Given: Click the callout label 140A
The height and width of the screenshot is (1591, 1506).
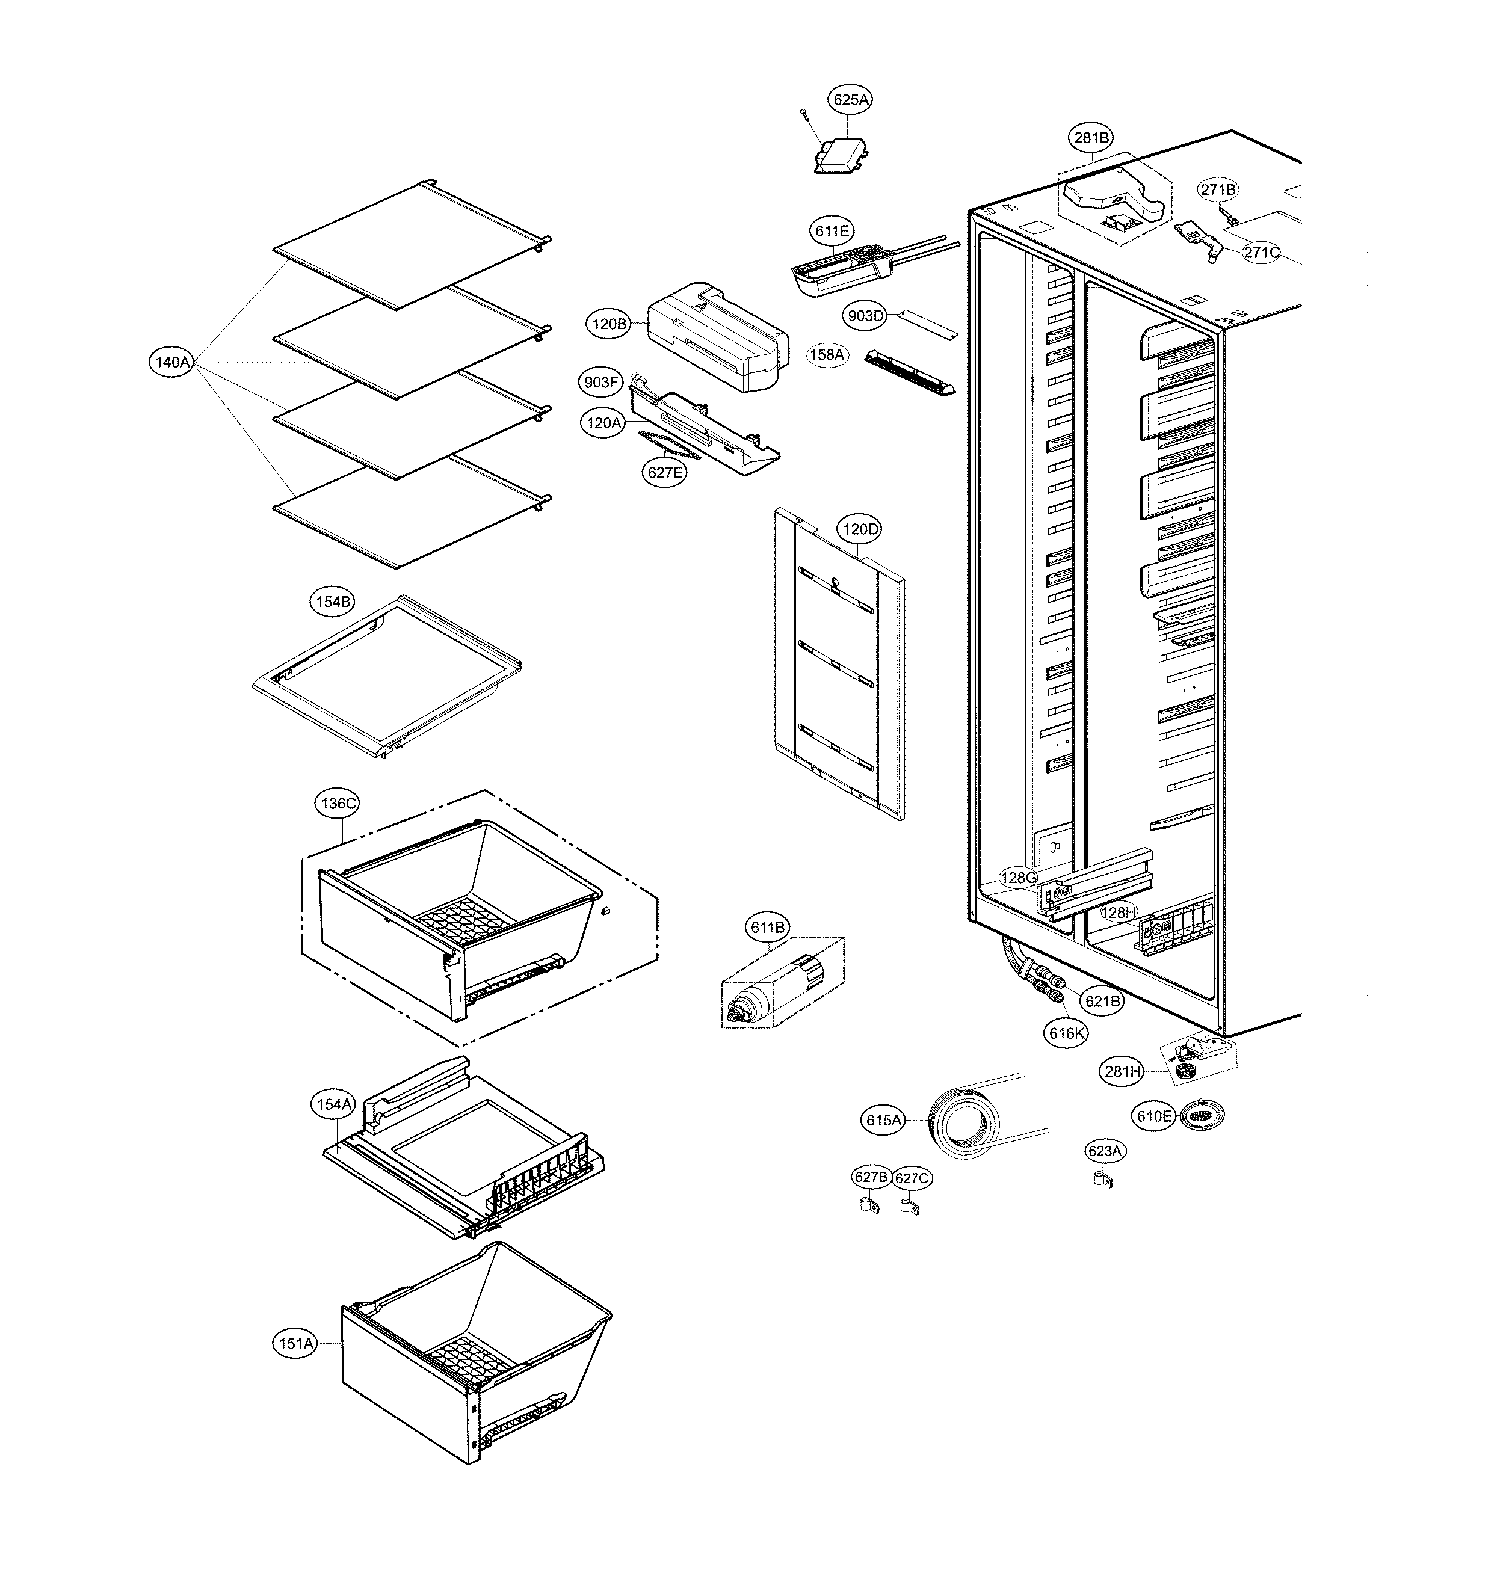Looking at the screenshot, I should (172, 362).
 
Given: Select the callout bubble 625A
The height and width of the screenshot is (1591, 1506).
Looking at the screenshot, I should (850, 100).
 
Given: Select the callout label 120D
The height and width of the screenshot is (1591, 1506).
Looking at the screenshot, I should (859, 529).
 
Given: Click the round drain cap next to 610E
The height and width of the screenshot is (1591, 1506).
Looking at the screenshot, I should (1202, 1116).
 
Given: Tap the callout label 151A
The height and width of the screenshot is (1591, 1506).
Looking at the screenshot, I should (296, 1343).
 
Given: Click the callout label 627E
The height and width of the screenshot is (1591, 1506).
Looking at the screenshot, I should (665, 472).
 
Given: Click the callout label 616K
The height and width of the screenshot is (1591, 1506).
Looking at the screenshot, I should (1066, 1033).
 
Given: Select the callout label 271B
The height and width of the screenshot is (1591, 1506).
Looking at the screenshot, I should (1218, 189).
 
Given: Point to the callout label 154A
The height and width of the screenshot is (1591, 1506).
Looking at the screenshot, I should (334, 1104).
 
